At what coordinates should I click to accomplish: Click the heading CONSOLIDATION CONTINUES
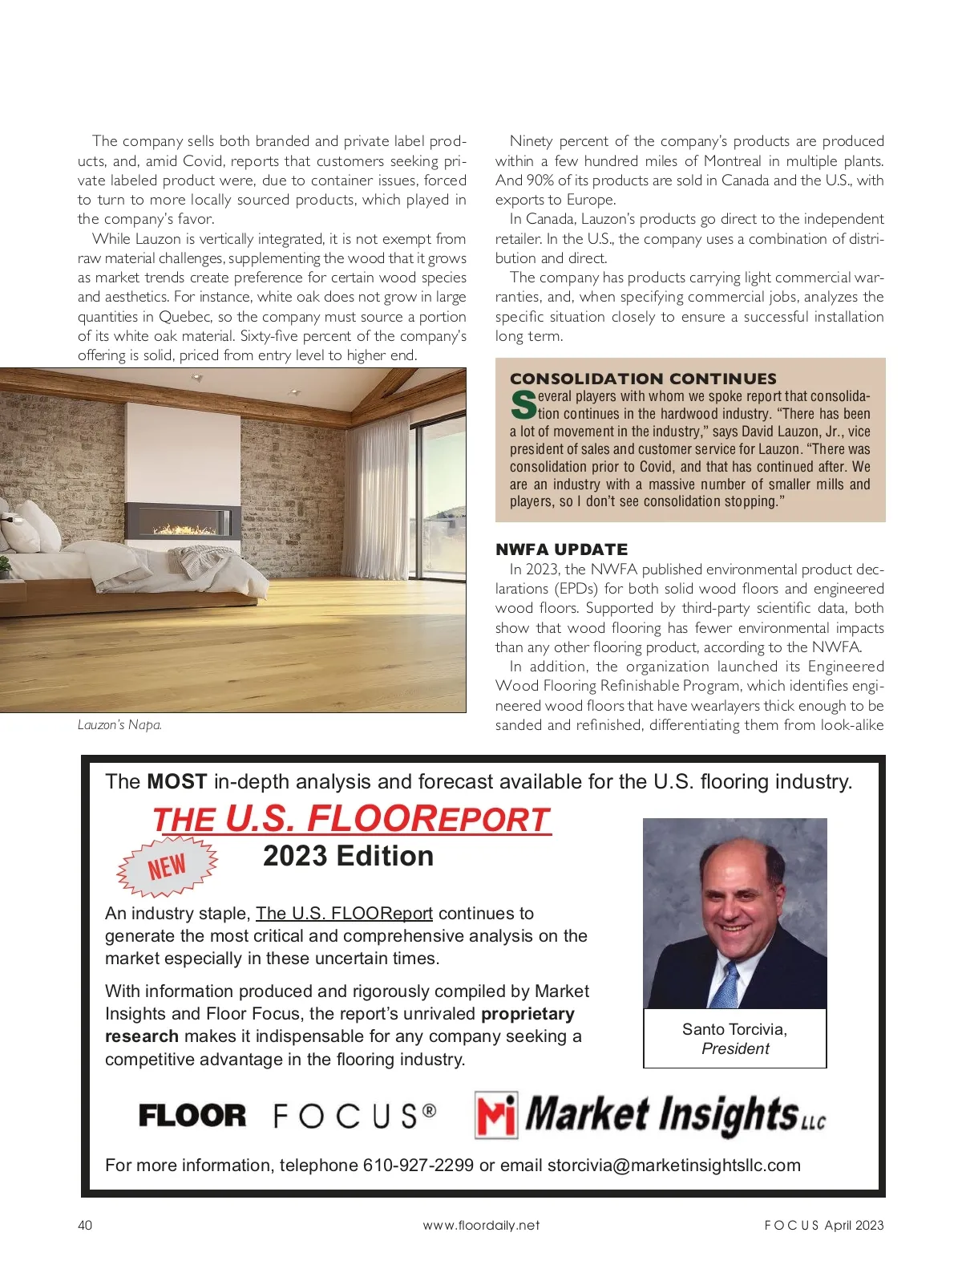pyautogui.click(x=643, y=379)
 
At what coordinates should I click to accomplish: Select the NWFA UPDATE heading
pyautogui.click(x=561, y=549)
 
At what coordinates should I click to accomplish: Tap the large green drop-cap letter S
pyautogui.click(x=523, y=404)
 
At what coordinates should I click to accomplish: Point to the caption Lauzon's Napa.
pyautogui.click(x=119, y=724)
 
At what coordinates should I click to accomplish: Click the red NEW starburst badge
pyautogui.click(x=167, y=867)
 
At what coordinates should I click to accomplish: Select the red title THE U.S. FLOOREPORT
pyautogui.click(x=351, y=819)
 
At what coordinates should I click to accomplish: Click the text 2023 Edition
pyautogui.click(x=348, y=856)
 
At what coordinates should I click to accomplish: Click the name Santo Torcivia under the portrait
pyautogui.click(x=734, y=1029)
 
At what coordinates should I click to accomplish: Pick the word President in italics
pyautogui.click(x=735, y=1048)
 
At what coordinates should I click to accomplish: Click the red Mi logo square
pyautogui.click(x=496, y=1115)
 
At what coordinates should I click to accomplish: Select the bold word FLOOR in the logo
pyautogui.click(x=192, y=1116)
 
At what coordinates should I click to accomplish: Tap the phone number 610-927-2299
pyautogui.click(x=418, y=1165)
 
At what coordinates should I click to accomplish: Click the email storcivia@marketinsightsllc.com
pyautogui.click(x=673, y=1165)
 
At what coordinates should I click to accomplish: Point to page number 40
pyautogui.click(x=85, y=1225)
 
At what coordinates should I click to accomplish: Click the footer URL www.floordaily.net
pyautogui.click(x=481, y=1225)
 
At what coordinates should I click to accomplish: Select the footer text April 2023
pyautogui.click(x=854, y=1225)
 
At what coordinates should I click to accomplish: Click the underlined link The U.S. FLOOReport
pyautogui.click(x=344, y=913)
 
